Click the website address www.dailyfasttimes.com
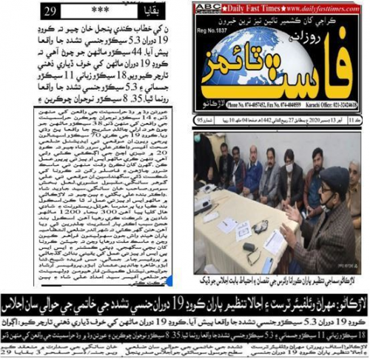coord(323,7)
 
